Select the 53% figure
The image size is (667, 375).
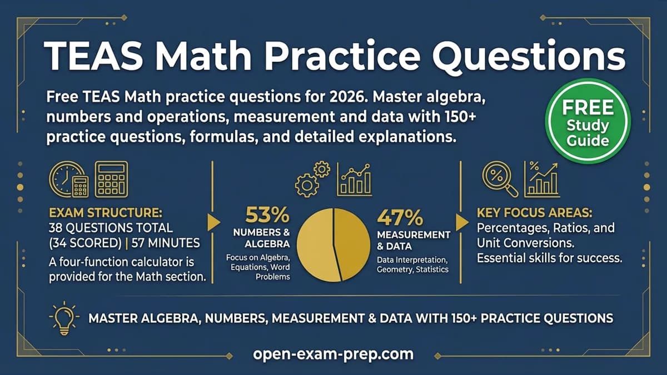[267, 215]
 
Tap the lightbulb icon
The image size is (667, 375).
[62, 318]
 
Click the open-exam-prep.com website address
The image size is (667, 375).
[333, 354]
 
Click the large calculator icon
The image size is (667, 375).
[111, 178]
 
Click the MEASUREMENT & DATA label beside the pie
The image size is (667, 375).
[413, 240]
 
